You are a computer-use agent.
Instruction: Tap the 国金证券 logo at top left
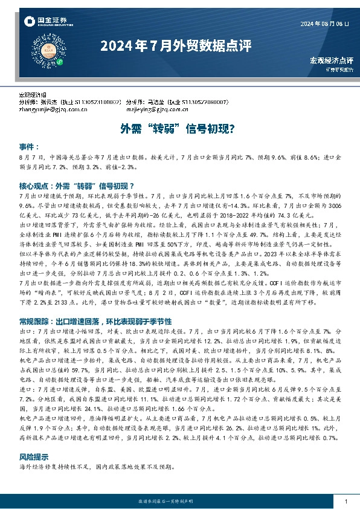point(45,22)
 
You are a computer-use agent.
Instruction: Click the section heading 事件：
point(29,147)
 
